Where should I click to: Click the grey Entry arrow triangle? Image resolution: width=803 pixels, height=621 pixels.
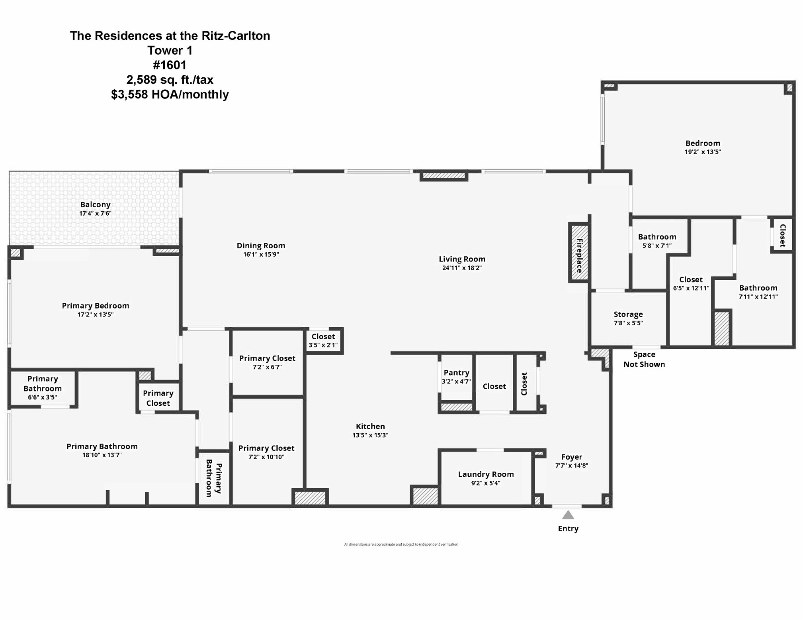(568, 515)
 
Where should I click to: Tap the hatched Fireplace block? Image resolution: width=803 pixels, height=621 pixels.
(579, 253)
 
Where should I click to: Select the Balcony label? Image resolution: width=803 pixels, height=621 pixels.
(95, 204)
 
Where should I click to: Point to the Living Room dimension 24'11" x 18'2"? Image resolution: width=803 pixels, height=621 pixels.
(462, 268)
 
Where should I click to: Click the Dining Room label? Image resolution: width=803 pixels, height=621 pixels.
(261, 246)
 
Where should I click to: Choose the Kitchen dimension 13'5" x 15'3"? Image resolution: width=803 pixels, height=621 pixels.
(370, 435)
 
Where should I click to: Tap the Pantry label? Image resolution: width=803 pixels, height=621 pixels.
(456, 373)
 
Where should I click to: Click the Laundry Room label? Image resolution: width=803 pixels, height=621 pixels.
(486, 474)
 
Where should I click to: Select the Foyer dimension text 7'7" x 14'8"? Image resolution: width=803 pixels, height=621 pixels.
(572, 466)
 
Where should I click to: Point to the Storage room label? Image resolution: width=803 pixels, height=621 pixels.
(628, 314)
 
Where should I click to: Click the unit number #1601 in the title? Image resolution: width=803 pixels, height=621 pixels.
(170, 65)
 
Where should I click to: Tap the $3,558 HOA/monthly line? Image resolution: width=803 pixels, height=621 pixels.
(170, 94)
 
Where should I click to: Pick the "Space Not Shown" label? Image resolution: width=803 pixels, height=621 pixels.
(644, 359)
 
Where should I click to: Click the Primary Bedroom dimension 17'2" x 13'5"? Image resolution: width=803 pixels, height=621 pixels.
(96, 314)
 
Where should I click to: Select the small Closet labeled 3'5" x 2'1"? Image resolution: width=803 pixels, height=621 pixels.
(323, 340)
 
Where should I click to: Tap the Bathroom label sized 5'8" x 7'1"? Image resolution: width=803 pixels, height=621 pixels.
(657, 237)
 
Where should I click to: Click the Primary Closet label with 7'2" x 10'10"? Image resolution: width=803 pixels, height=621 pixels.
(266, 448)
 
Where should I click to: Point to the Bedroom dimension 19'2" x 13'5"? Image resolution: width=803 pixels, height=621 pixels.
(703, 152)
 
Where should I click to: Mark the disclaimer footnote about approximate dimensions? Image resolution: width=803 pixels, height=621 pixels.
(401, 544)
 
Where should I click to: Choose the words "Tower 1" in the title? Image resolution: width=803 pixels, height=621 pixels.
(170, 50)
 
